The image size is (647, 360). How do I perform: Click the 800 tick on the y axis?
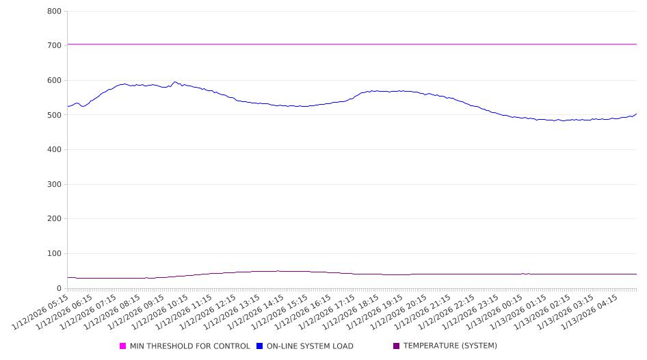pyautogui.click(x=55, y=11)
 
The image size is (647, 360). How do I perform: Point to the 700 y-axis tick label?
pyautogui.click(x=55, y=45)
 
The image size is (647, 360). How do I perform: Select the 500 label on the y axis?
pyautogui.click(x=55, y=115)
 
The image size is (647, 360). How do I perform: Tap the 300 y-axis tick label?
pyautogui.click(x=55, y=184)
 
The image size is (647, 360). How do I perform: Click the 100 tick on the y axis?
pyautogui.click(x=55, y=254)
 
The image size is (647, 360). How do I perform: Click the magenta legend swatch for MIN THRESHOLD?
pyautogui.click(x=123, y=346)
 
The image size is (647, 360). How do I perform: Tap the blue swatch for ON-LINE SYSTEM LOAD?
pyautogui.click(x=260, y=346)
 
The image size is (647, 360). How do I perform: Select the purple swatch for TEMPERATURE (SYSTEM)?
pyautogui.click(x=397, y=346)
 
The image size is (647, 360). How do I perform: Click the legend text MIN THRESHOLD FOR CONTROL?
pyautogui.click(x=189, y=346)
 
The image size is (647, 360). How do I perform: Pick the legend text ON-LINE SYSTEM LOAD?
pyautogui.click(x=310, y=346)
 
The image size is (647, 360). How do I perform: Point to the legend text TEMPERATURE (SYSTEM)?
pyautogui.click(x=450, y=346)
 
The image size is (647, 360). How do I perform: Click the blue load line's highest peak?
pyautogui.click(x=174, y=82)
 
